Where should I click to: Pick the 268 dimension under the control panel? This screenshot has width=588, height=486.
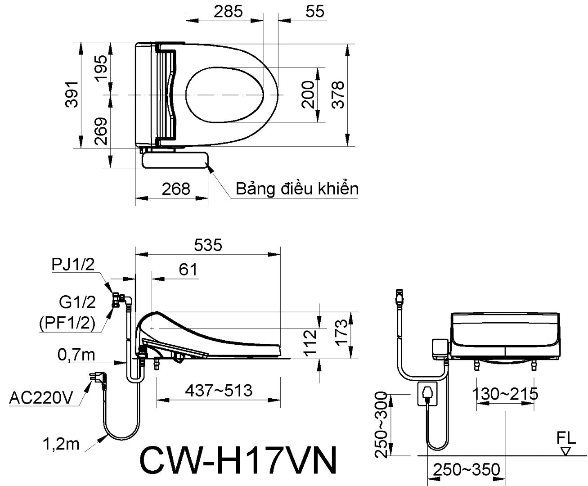[x=176, y=189]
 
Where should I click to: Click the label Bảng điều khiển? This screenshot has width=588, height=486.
[x=297, y=189]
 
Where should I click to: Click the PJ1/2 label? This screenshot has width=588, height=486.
[x=73, y=265]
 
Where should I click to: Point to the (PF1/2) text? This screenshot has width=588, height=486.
[x=67, y=323]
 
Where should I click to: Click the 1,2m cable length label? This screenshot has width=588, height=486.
[x=61, y=445]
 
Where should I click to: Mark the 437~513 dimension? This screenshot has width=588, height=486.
[x=219, y=390]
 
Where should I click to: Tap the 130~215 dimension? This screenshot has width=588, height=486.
[x=505, y=394]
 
